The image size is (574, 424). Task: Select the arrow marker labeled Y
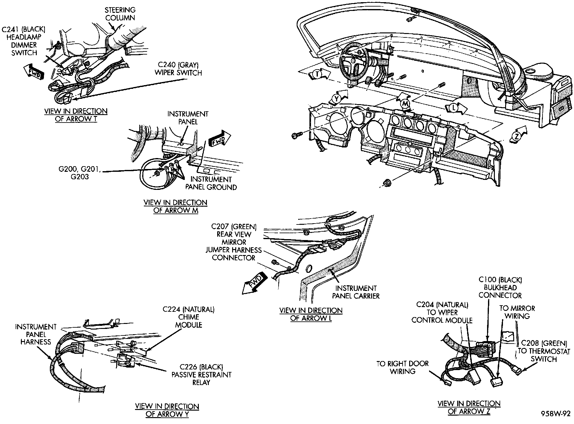(337, 98)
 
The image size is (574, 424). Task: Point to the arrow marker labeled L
(454, 108)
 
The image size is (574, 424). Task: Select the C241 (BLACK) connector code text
(24, 30)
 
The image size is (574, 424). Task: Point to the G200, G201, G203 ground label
(79, 173)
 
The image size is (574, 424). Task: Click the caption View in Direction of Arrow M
(175, 206)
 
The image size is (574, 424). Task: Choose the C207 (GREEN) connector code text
(234, 226)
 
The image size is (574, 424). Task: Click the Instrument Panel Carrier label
(356, 292)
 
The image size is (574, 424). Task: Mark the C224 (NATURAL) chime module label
(189, 317)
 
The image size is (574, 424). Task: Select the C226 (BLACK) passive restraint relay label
(202, 375)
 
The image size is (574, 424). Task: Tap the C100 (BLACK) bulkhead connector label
(500, 287)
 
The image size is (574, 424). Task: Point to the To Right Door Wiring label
(403, 367)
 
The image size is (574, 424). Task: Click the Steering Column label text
(120, 14)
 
